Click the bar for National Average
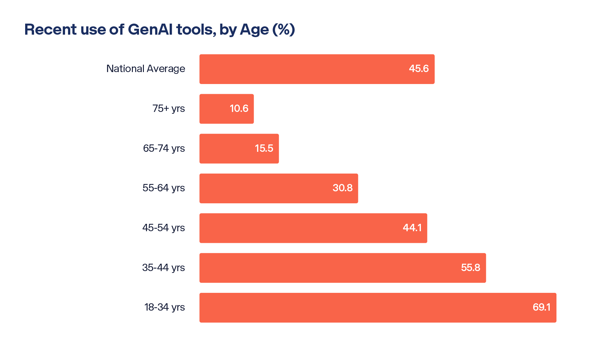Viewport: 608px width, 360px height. point(307,69)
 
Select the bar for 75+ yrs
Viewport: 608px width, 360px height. point(215,109)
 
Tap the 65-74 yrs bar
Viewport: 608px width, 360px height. point(227,148)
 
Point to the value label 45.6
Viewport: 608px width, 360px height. point(418,69)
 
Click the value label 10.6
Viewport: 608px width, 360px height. point(239,109)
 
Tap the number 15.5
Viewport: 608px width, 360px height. point(264,148)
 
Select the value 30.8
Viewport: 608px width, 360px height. point(342,188)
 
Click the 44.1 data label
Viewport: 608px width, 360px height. point(412,228)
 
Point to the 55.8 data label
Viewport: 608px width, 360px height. point(470,268)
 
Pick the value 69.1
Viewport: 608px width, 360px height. point(541,307)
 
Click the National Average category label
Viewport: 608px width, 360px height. point(146,69)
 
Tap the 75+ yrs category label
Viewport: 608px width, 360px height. point(168,109)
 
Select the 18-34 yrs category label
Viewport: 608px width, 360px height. point(164,307)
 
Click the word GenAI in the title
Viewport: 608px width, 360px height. point(150,29)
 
